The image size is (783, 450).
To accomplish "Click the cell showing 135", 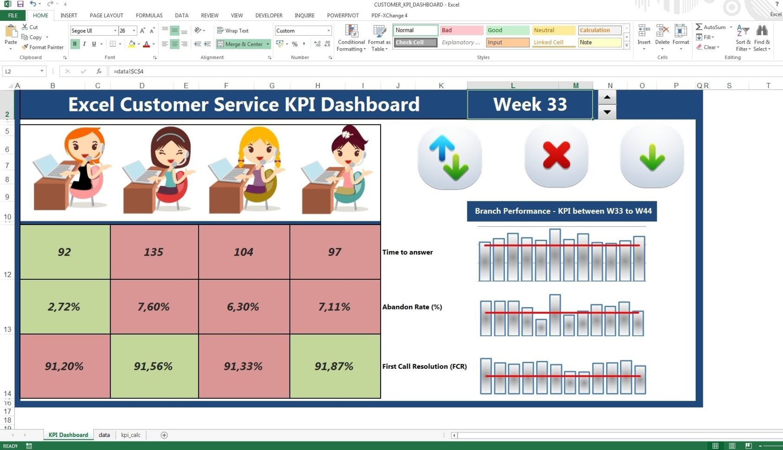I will (x=154, y=252).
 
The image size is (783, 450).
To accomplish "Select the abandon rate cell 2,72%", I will (x=64, y=307).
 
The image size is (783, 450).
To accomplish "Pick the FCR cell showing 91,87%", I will (x=334, y=366).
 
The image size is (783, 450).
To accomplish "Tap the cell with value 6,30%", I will (x=243, y=307).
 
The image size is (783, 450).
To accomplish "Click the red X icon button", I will (x=556, y=156).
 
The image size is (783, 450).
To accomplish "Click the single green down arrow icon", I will (x=652, y=157).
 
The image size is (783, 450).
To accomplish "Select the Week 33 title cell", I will (x=530, y=104).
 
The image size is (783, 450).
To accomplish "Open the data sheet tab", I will (x=104, y=435).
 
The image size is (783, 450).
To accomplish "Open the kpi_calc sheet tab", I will (x=131, y=435).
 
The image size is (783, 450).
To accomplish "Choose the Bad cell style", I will (x=461, y=30).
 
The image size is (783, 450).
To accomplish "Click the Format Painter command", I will (x=43, y=47).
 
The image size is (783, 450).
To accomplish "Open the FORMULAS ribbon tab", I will (x=149, y=15).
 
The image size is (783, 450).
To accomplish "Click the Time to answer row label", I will (x=408, y=252).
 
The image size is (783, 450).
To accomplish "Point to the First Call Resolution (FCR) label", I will (x=424, y=366).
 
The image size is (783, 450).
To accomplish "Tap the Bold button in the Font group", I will (x=75, y=44).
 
